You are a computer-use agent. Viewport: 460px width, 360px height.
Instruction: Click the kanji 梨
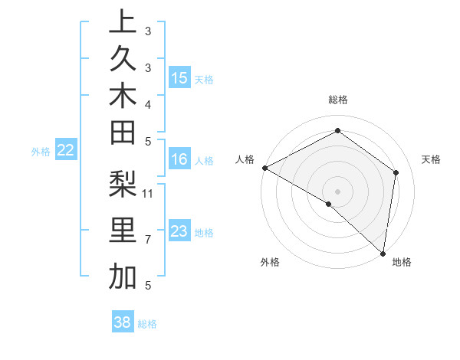pyautogui.click(x=123, y=183)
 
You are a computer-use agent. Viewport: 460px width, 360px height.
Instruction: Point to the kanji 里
pyautogui.click(x=123, y=231)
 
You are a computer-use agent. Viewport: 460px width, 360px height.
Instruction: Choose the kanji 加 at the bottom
pyautogui.click(x=123, y=277)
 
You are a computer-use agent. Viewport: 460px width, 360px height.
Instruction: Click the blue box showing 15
pyautogui.click(x=179, y=78)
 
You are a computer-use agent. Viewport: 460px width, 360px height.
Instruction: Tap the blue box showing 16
pyautogui.click(x=179, y=159)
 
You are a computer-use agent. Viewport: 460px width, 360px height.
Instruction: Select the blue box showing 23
pyautogui.click(x=179, y=231)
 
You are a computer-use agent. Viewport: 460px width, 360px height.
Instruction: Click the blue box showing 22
pyautogui.click(x=66, y=151)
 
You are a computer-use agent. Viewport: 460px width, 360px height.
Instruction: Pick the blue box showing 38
pyautogui.click(x=123, y=322)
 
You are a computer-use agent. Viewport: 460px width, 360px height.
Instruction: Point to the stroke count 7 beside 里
pyautogui.click(x=147, y=240)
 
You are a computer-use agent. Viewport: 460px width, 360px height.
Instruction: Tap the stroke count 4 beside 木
pyautogui.click(x=147, y=103)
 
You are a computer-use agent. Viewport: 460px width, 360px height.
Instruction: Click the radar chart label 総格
pyautogui.click(x=338, y=100)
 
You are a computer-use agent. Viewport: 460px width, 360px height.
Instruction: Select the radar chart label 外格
pyautogui.click(x=270, y=262)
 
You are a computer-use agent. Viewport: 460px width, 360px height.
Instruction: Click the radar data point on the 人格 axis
pyautogui.click(x=264, y=167)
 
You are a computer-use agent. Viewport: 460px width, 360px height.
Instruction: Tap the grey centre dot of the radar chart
pyautogui.click(x=338, y=191)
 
